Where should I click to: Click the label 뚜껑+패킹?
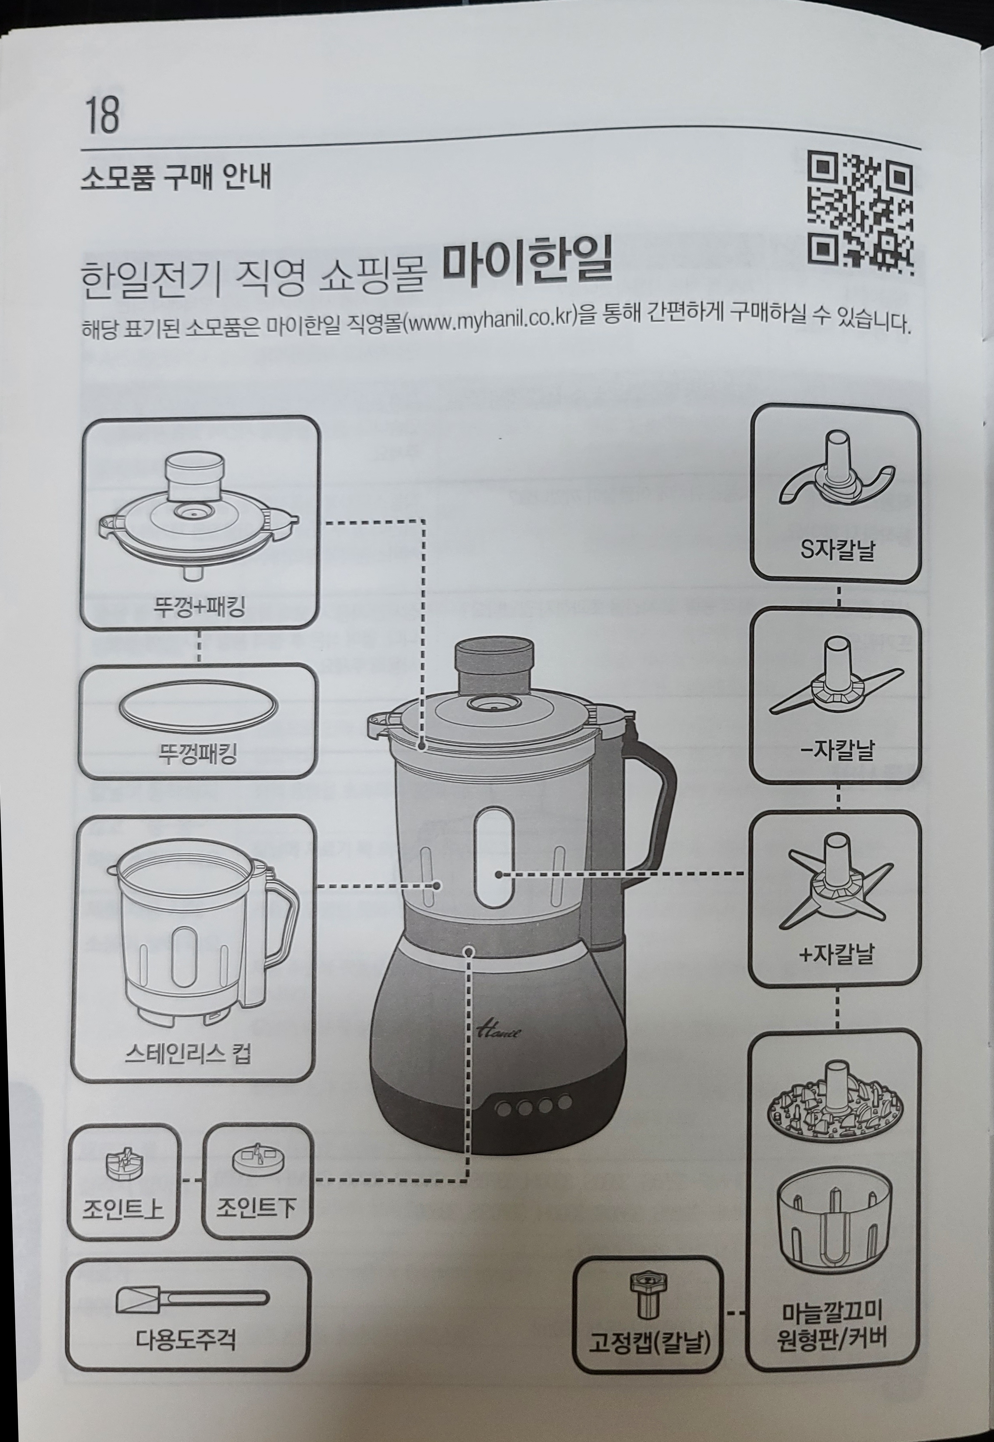(x=199, y=605)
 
